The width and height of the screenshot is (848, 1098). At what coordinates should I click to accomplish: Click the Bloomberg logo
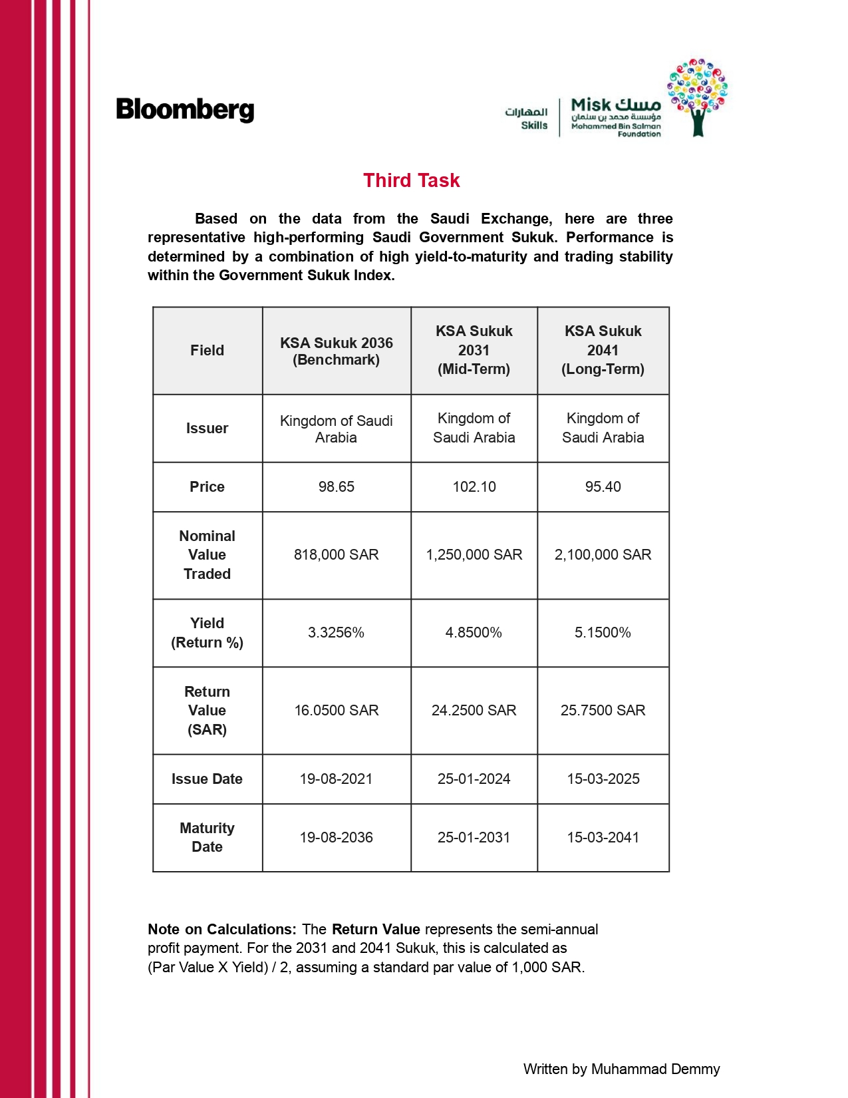pos(185,110)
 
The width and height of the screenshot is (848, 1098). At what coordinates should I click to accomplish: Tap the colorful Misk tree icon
pos(697,96)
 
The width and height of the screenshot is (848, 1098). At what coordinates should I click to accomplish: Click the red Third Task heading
pos(411,180)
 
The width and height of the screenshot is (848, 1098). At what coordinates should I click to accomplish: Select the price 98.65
pos(336,486)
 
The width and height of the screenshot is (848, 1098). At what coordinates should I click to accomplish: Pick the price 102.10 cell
pos(474,486)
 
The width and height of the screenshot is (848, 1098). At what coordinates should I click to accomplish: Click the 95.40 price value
pos(603,486)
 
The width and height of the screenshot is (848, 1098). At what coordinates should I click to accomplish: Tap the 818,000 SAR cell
pos(336,554)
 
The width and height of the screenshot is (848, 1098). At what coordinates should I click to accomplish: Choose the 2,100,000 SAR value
pos(603,554)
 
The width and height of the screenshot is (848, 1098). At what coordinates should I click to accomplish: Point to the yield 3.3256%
pos(336,632)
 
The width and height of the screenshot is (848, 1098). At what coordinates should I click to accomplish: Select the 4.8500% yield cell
pos(474,632)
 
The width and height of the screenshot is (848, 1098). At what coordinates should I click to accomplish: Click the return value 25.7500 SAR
pos(603,710)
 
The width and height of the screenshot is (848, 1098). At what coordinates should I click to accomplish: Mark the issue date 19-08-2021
pos(336,779)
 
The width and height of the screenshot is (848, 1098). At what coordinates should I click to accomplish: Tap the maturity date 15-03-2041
pos(603,837)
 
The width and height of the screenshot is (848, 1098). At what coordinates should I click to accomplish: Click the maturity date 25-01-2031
pos(474,837)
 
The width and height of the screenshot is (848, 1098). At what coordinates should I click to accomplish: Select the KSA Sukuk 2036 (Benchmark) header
pos(336,351)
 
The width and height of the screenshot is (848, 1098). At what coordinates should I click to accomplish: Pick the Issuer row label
pos(207,428)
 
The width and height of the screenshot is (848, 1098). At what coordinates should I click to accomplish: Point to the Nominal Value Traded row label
pos(207,554)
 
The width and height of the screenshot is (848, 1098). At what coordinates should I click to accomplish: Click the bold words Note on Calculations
pos(221,929)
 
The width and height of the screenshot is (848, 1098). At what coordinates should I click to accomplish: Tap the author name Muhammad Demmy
pos(655,1069)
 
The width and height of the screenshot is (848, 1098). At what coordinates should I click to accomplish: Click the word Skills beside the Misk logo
pos(534,125)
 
